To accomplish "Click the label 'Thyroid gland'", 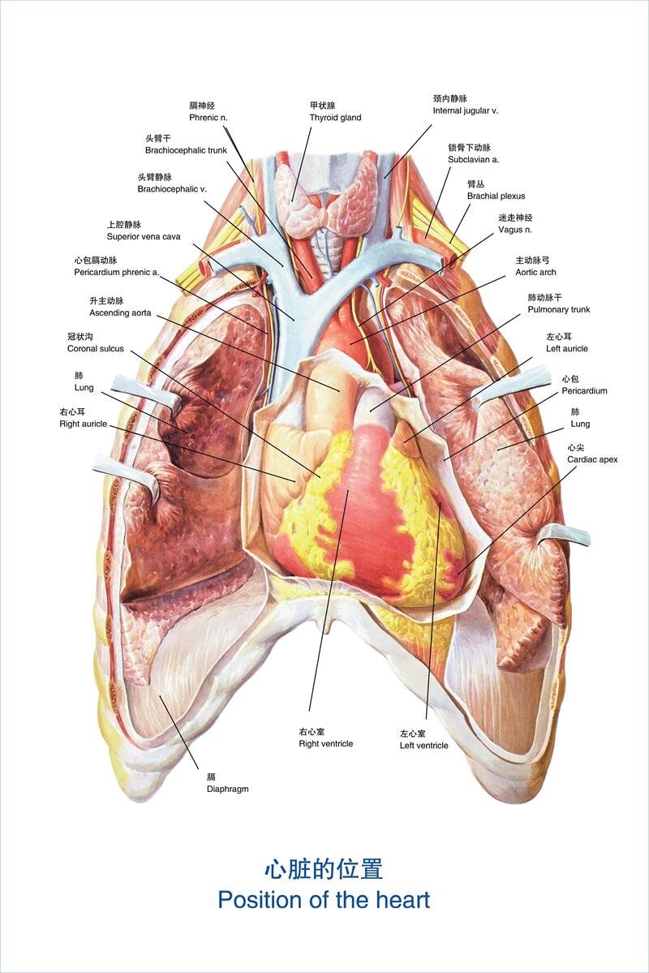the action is (x=335, y=118).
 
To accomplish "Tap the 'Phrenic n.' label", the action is (x=208, y=118).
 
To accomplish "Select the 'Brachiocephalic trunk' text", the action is (x=186, y=150).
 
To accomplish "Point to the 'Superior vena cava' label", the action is (x=144, y=236).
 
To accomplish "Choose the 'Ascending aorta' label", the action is (x=120, y=312).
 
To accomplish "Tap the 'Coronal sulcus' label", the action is (x=96, y=348).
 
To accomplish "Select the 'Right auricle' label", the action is (x=83, y=424).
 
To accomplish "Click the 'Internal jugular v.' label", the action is (x=466, y=110).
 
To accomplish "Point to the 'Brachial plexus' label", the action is (x=496, y=196).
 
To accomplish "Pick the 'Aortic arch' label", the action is (x=536, y=272).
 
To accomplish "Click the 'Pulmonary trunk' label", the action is (x=559, y=309).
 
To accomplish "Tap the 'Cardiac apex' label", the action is (x=592, y=459).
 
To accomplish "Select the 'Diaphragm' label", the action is (x=227, y=788).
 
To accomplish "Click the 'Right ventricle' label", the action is (x=325, y=743).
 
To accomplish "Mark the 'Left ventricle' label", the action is (x=423, y=745).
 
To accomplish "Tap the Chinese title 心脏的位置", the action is (x=323, y=869).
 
